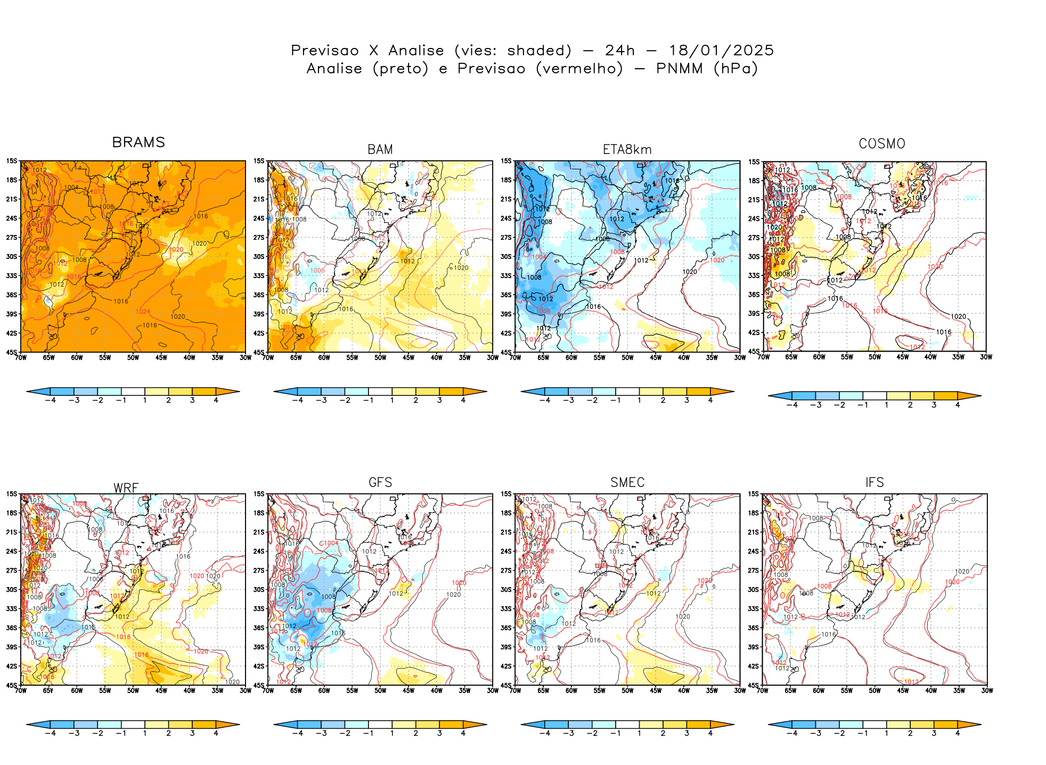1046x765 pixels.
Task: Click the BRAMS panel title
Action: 138,142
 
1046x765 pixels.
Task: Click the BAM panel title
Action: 380,150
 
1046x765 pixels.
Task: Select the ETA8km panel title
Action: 627,150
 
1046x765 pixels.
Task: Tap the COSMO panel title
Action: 882,144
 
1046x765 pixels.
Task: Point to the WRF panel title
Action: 126,488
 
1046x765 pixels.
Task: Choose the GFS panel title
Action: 380,483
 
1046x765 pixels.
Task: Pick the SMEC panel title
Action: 627,483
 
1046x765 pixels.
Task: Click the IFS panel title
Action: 875,483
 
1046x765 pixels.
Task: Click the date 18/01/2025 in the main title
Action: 721,51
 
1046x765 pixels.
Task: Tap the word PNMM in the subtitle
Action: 679,69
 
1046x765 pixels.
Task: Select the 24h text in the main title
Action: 620,51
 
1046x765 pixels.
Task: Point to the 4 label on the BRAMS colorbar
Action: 216,400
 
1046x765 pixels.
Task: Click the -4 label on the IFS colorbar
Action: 792,733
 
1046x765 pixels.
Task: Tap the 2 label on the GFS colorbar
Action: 416,733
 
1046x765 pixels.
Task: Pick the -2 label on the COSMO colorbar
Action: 839,405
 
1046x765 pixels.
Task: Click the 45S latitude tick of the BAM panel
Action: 259,352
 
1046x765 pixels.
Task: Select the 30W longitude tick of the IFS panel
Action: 987,690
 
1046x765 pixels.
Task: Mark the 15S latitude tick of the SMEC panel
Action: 506,494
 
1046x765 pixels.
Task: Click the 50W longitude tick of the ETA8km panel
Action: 627,357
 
